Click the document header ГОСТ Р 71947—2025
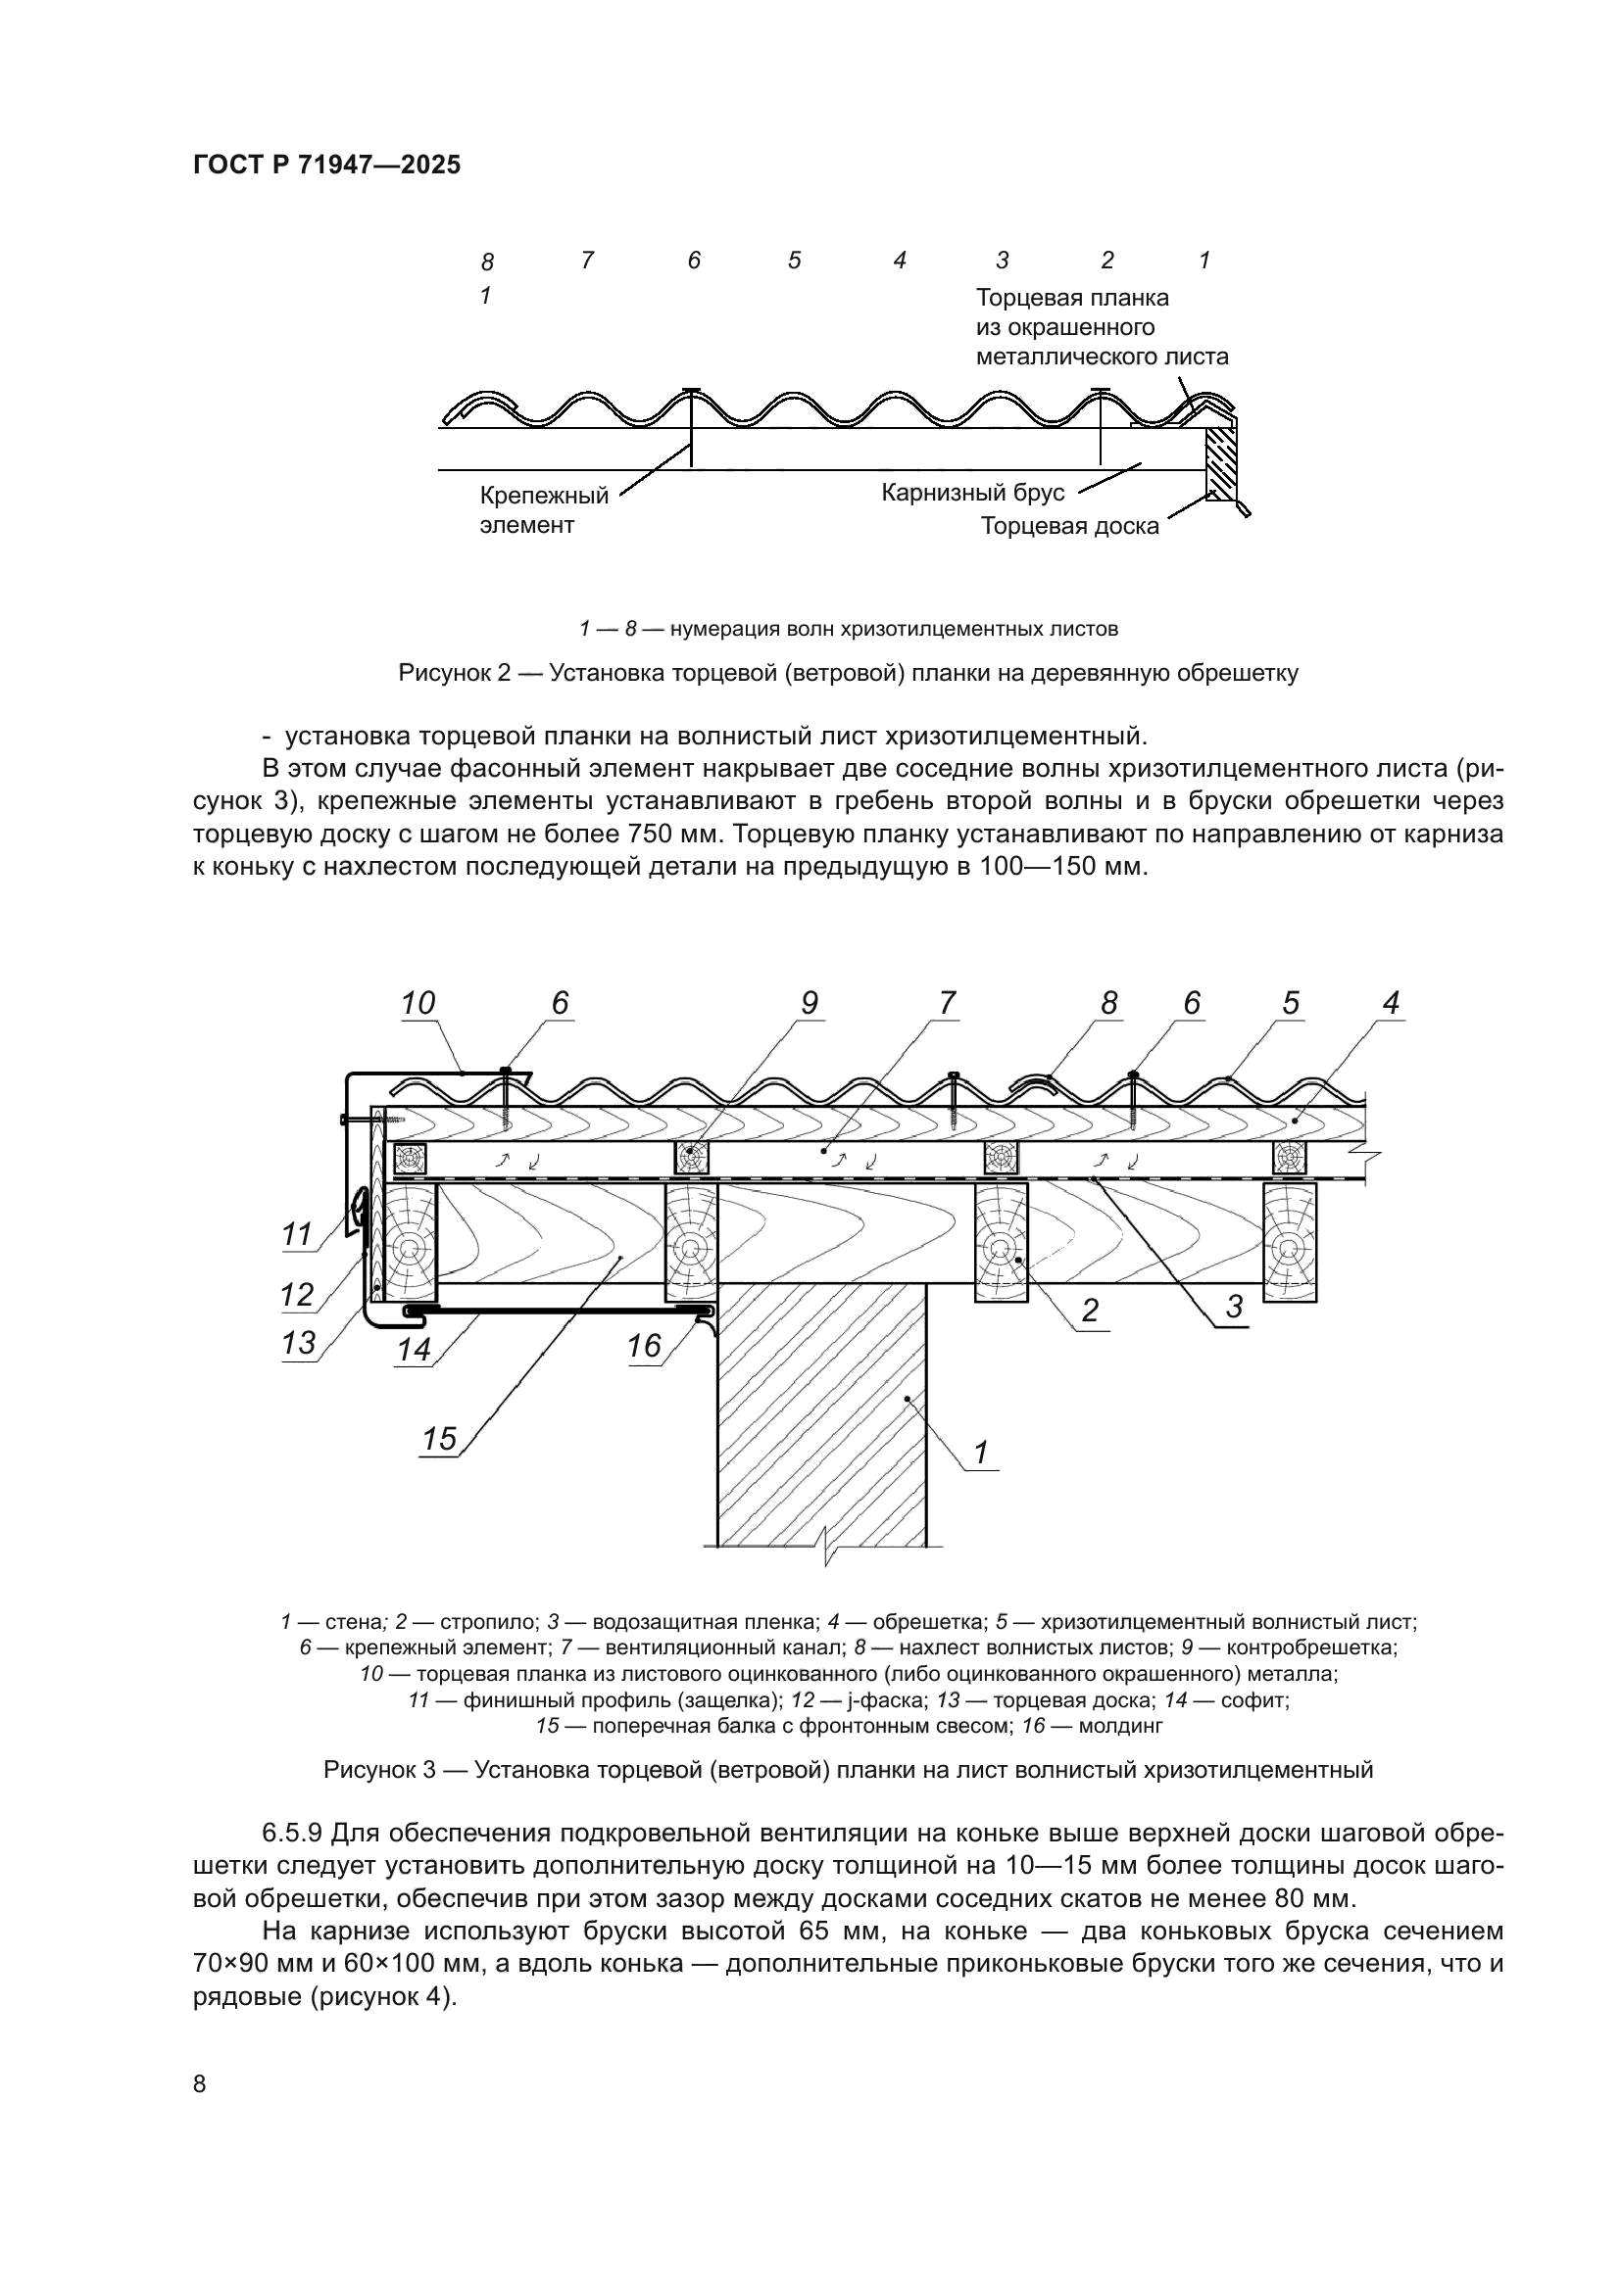point(326,166)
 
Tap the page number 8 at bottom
point(200,2083)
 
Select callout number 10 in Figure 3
point(418,1003)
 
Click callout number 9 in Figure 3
point(809,1003)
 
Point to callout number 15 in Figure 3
point(439,1439)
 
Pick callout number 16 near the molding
point(644,1346)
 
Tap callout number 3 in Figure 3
point(1234,1307)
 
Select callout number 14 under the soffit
point(414,1349)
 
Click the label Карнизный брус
point(972,493)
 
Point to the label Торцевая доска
point(1069,526)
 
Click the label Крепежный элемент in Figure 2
point(543,510)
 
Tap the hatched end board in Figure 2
point(1219,464)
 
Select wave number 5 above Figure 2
point(795,261)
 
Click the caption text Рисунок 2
point(454,674)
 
